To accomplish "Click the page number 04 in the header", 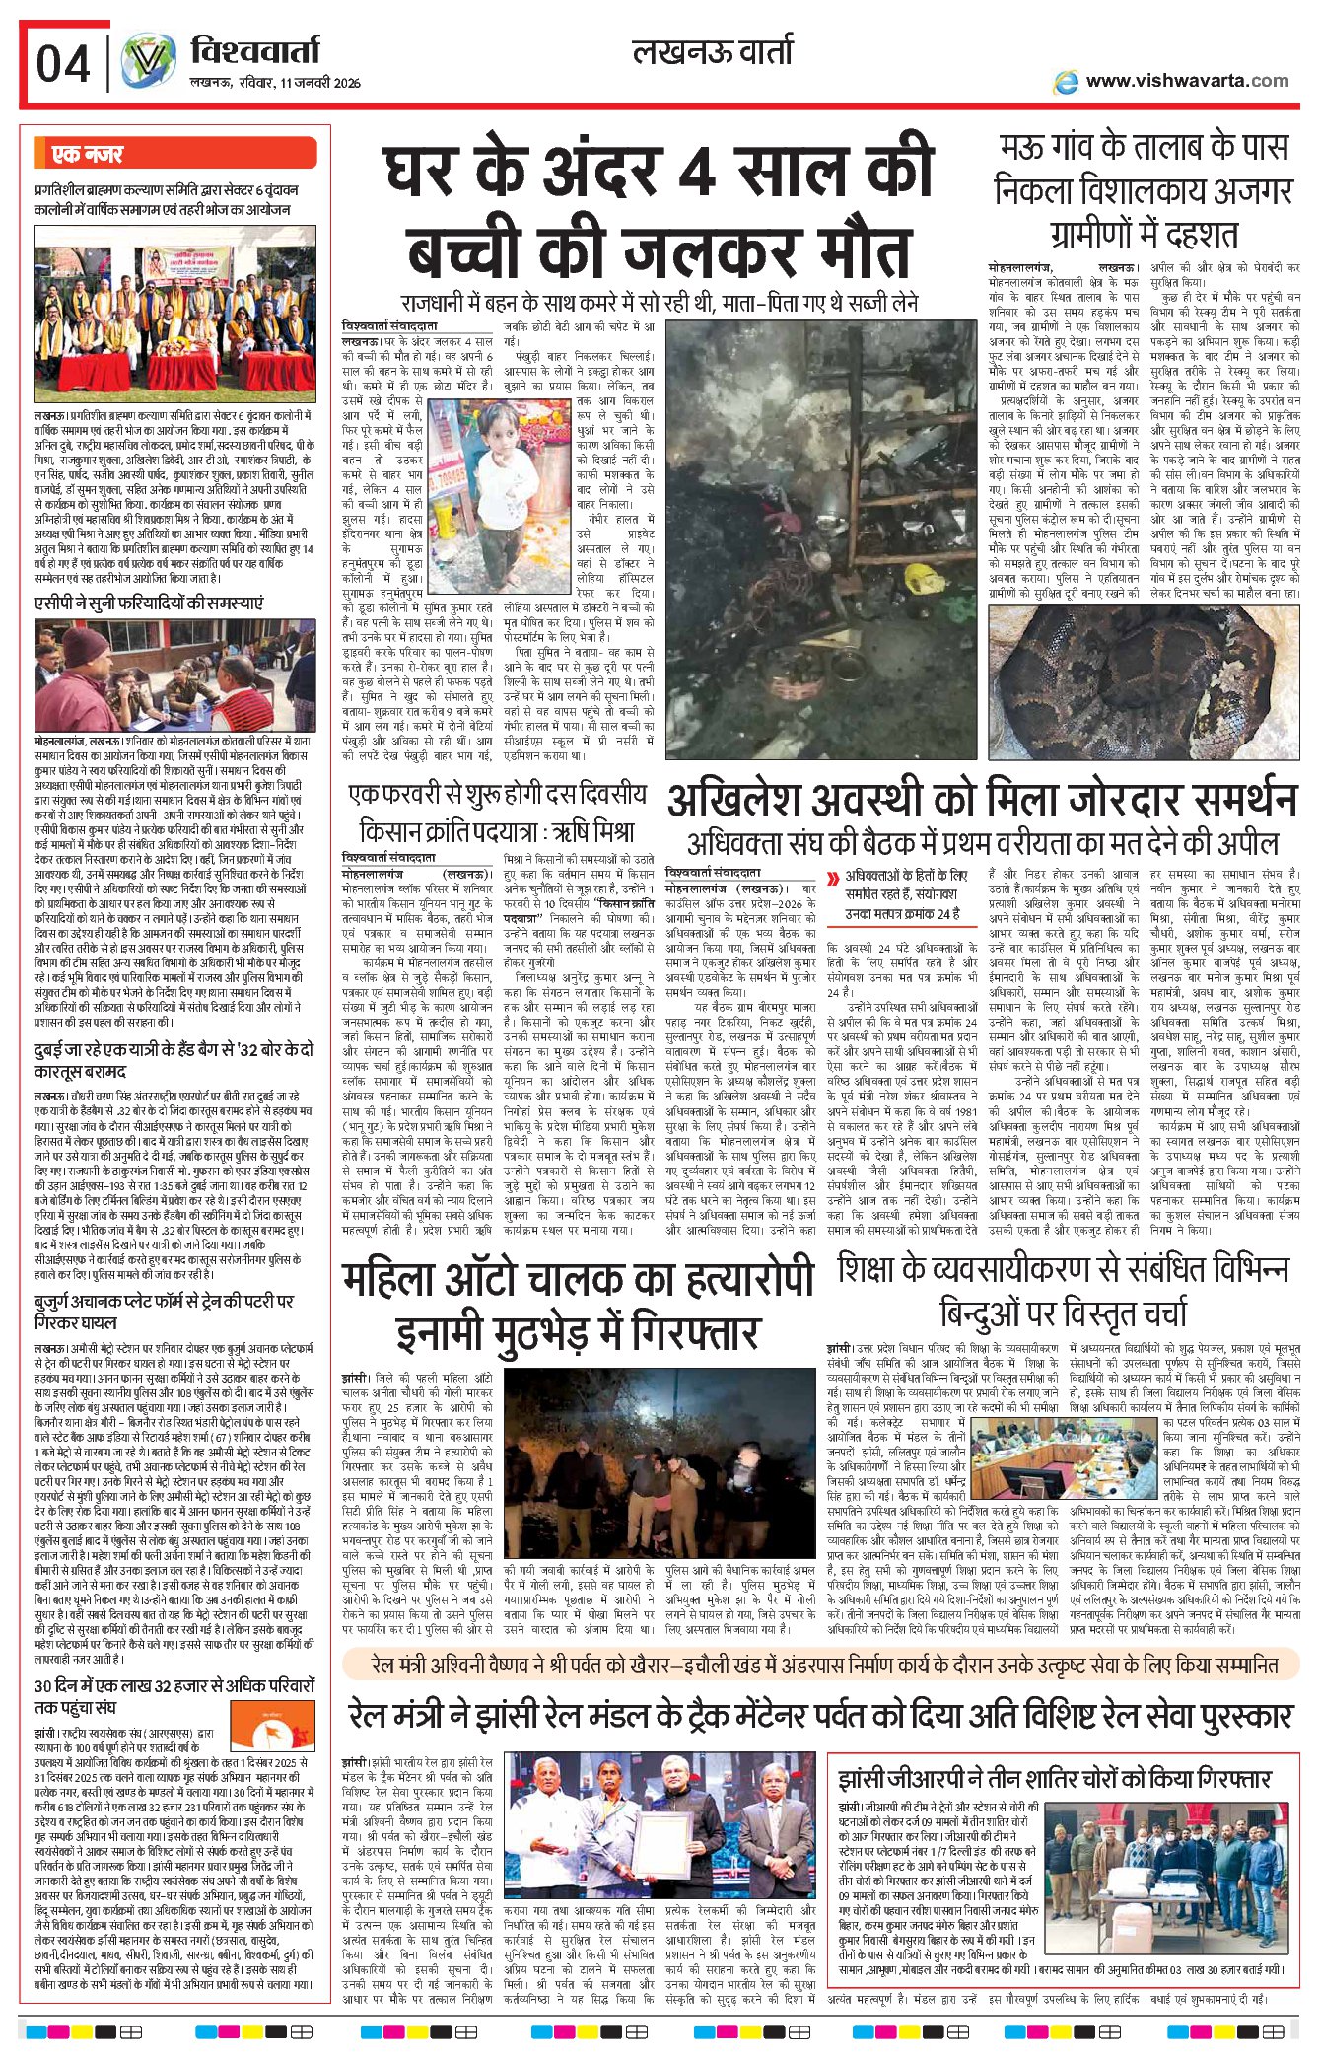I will [x=63, y=64].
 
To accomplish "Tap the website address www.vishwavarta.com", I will [x=1187, y=81].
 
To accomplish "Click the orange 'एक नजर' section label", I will [x=88, y=154].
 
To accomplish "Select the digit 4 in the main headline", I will [x=696, y=173].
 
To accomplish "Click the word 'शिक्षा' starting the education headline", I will [x=881, y=1269].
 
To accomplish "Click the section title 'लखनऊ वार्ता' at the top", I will [x=713, y=51].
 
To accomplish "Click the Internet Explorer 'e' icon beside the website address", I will [x=1065, y=82].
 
